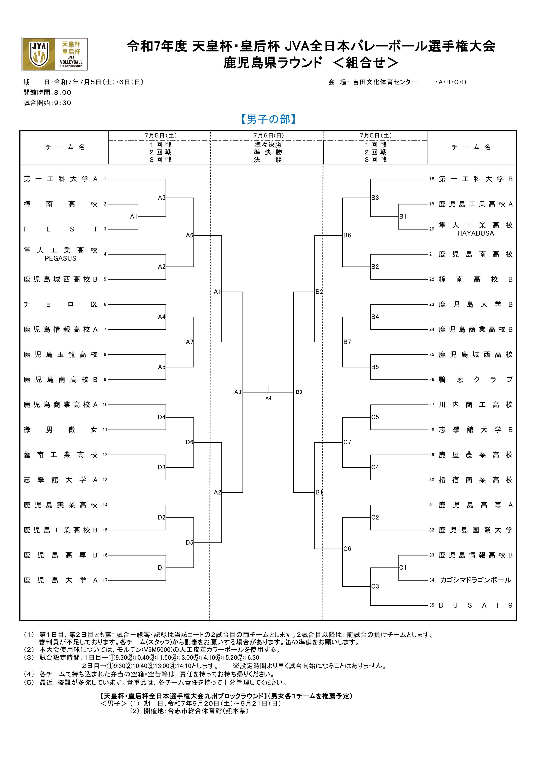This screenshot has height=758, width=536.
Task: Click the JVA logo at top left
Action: pyautogui.click(x=55, y=54)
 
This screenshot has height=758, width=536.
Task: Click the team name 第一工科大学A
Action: pyautogui.click(x=61, y=179)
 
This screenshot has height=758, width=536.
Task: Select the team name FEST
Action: pyautogui.click(x=61, y=229)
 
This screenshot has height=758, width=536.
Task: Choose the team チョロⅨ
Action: pyautogui.click(x=61, y=304)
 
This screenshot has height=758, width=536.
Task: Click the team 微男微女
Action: pyautogui.click(x=61, y=430)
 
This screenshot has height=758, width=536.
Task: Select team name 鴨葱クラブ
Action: pyautogui.click(x=476, y=380)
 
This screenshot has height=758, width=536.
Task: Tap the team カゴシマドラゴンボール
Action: pyautogui.click(x=476, y=580)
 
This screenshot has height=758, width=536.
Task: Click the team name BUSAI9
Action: pyautogui.click(x=476, y=605)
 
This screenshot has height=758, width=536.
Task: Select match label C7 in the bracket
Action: pyautogui.click(x=347, y=442)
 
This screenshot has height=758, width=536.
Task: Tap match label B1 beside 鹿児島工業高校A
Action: pyautogui.click(x=403, y=217)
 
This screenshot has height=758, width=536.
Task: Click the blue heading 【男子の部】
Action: pyautogui.click(x=268, y=119)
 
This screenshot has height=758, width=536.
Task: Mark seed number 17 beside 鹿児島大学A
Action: pyautogui.click(x=105, y=580)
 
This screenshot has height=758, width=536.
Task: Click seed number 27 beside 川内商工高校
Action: pyautogui.click(x=432, y=405)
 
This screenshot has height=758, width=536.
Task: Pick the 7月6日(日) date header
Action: pyautogui.click(x=268, y=135)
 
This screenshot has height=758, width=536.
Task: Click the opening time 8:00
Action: pyautogui.click(x=62, y=93)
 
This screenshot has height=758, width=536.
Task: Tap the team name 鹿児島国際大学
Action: pyautogui.click(x=476, y=530)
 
